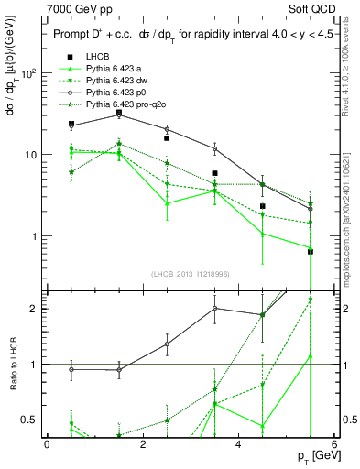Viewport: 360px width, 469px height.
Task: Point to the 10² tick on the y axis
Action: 27,73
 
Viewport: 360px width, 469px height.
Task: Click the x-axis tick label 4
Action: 238,443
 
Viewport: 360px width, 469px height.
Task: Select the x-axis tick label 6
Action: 334,443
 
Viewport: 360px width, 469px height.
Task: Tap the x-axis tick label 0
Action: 47,443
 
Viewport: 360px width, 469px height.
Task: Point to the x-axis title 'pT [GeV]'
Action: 311,456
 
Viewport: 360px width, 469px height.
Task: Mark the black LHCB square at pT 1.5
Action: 119,113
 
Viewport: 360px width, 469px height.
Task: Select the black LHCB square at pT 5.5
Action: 311,251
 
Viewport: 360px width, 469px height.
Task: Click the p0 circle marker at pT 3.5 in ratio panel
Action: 214,308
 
